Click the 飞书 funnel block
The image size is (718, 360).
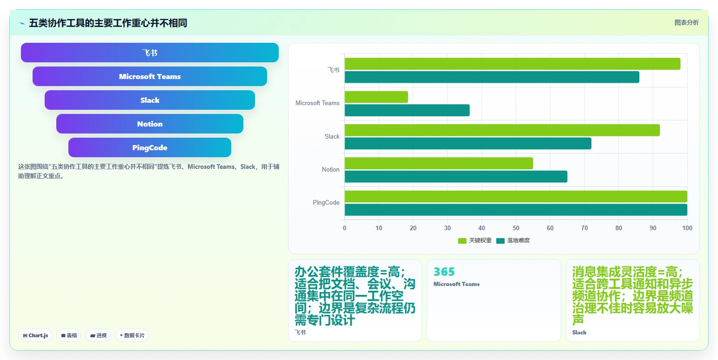click(150, 53)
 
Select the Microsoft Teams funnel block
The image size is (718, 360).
click(150, 76)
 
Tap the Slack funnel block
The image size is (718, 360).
click(150, 100)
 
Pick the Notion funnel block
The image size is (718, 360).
click(150, 124)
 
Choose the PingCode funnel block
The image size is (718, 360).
click(150, 147)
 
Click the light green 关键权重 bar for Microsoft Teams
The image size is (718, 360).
click(376, 97)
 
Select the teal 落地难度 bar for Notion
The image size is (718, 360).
click(456, 176)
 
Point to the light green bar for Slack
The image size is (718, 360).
click(502, 130)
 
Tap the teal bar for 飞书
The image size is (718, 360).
click(492, 77)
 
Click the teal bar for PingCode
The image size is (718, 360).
click(516, 210)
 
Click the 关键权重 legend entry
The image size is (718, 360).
click(475, 240)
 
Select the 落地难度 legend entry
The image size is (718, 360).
click(513, 240)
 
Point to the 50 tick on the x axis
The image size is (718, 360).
click(516, 228)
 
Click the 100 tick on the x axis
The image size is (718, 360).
click(687, 228)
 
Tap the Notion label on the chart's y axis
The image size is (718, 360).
click(330, 169)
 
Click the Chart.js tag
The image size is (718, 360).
click(35, 335)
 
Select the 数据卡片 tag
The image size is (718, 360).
click(132, 335)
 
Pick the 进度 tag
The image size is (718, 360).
click(98, 335)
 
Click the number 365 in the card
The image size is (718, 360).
click(444, 272)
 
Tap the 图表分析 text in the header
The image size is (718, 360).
click(686, 22)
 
